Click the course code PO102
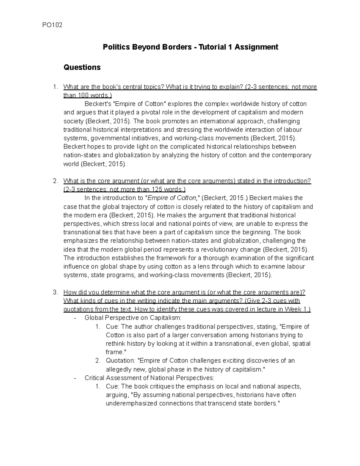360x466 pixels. click(x=52, y=25)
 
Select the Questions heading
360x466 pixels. click(x=82, y=67)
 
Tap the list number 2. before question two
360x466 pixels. click(x=55, y=181)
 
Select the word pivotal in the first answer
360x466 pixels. click(x=146, y=113)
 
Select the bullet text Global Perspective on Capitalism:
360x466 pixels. click(x=133, y=318)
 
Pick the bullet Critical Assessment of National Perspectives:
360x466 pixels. click(x=149, y=378)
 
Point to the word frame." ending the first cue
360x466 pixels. click(x=115, y=352)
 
